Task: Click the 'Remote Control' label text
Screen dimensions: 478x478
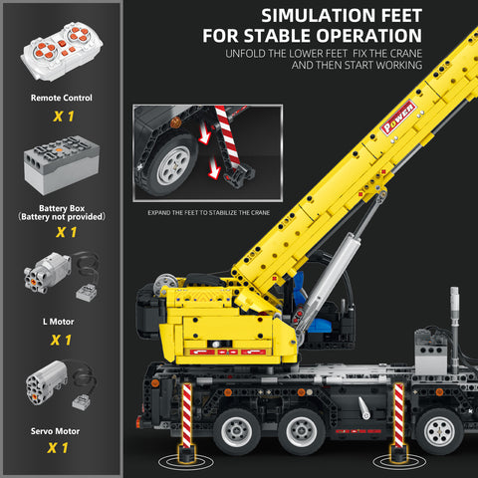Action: coord(62,98)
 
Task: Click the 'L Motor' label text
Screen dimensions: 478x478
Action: coord(62,321)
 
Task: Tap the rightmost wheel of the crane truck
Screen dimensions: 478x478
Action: coord(437,431)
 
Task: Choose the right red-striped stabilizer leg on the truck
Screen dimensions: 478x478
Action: coord(397,417)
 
